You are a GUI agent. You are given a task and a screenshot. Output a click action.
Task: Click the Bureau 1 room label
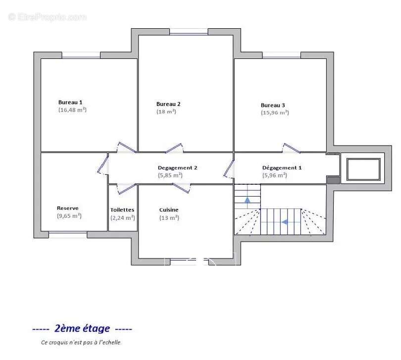[70, 102]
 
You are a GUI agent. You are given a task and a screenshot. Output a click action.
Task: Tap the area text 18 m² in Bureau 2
[166, 111]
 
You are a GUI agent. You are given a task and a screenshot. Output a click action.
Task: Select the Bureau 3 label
[273, 105]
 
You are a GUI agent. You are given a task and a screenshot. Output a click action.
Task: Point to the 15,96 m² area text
[275, 112]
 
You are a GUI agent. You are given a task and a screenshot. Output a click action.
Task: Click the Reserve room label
[67, 208]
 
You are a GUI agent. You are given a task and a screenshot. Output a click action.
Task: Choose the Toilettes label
[122, 209]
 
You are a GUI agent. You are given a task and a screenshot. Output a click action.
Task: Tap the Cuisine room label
[169, 209]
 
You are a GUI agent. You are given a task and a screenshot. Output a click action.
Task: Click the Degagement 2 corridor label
[177, 168]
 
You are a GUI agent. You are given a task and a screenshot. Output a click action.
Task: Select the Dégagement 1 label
[282, 168]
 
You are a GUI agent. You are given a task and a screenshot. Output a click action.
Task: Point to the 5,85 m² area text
[170, 175]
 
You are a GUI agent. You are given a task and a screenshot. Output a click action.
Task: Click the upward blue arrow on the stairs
[247, 199]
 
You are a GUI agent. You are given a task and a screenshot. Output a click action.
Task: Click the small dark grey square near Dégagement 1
[333, 180]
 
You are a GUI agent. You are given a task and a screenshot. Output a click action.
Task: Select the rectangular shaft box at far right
[363, 169]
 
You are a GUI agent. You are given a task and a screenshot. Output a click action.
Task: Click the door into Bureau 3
[291, 148]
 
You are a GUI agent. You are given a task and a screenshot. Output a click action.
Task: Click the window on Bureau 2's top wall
[189, 33]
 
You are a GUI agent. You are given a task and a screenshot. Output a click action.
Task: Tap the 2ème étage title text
[82, 328]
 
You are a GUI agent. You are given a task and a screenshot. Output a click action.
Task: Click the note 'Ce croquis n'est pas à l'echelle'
[81, 342]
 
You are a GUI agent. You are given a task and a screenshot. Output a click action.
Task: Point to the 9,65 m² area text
[69, 216]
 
